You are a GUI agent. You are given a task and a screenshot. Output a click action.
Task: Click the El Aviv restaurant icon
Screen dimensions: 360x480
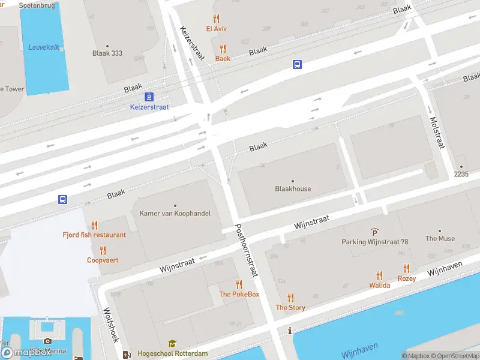tap(216, 19)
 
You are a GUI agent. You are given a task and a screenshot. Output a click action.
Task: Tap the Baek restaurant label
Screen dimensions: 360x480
tap(223, 59)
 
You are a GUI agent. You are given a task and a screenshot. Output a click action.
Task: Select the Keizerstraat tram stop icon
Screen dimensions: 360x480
tap(149, 97)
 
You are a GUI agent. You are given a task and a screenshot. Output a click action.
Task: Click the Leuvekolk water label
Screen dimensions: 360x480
tap(44, 47)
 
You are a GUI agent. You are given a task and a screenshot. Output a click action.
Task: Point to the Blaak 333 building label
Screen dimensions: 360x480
tap(107, 53)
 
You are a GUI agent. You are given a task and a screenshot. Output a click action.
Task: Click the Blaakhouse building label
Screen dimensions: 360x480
tap(293, 188)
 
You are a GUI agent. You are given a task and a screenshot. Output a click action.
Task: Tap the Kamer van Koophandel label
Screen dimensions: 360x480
tap(175, 214)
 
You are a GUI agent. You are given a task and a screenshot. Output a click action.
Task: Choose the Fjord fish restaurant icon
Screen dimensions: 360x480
tap(94, 225)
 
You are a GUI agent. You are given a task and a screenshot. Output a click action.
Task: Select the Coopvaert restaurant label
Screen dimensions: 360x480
tap(103, 260)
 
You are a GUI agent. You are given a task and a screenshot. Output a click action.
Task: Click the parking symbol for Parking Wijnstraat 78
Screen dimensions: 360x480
tap(374, 232)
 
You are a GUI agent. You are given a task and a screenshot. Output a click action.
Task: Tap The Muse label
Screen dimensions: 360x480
tap(440, 238)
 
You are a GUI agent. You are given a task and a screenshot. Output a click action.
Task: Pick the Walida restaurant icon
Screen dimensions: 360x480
tap(379, 275)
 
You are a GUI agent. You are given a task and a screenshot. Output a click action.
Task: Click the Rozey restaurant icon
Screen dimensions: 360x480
tap(406, 269)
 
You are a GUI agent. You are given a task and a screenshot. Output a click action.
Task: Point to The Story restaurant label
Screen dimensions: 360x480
tap(290, 308)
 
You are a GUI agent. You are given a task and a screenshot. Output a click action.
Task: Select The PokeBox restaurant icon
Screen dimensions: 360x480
tap(239, 284)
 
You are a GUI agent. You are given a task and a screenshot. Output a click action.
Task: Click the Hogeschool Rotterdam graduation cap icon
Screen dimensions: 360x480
tap(172, 344)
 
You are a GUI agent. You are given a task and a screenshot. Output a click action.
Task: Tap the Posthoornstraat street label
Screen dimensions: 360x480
tap(246, 250)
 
